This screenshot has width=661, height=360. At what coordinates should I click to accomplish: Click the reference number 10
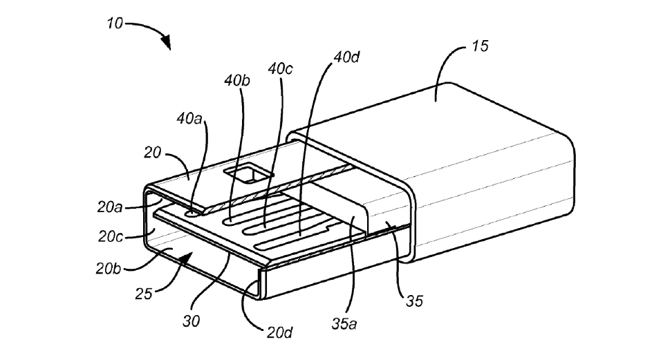[114, 23]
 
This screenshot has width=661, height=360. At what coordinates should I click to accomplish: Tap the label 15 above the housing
[479, 46]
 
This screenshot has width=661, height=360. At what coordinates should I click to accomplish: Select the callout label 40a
[189, 119]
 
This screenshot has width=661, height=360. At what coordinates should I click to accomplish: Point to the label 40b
[237, 80]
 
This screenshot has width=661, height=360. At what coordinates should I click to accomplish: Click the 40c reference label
[280, 68]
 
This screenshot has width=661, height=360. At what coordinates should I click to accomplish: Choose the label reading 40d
[346, 57]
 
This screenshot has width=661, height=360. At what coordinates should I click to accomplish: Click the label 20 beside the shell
[152, 152]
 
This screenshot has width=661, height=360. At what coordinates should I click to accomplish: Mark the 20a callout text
[109, 207]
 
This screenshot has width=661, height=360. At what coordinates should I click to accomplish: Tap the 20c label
[111, 236]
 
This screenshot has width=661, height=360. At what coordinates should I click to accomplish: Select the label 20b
[109, 268]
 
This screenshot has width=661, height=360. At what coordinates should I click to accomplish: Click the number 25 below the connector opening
[143, 294]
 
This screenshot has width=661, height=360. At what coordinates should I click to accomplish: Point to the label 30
[191, 321]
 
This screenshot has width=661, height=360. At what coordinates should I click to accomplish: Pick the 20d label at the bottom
[279, 333]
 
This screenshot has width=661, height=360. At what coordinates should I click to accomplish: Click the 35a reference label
[344, 323]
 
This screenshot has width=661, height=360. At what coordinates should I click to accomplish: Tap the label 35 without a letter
[414, 301]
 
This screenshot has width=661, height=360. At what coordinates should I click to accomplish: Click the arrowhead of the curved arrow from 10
[167, 42]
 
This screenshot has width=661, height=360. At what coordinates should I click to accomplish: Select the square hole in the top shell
[249, 173]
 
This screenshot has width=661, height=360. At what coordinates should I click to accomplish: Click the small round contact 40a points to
[192, 213]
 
